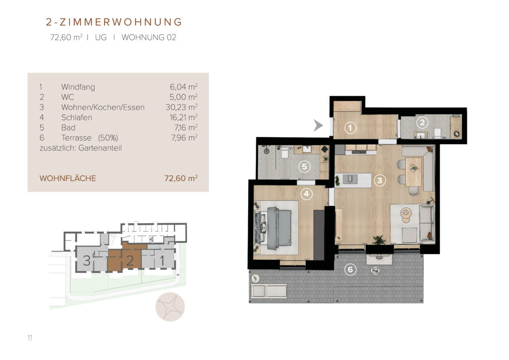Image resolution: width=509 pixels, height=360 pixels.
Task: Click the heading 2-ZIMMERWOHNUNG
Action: pyautogui.click(x=114, y=22)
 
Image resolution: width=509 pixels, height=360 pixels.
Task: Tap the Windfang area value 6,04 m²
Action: pyautogui.click(x=183, y=87)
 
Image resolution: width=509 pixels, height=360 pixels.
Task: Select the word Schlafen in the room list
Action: pyautogui.click(x=77, y=117)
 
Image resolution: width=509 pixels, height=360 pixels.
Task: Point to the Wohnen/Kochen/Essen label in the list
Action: pyautogui.click(x=103, y=107)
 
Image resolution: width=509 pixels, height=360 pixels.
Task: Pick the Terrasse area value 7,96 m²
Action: pyautogui.click(x=184, y=138)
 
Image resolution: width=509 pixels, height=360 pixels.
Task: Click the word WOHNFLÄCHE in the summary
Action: pyautogui.click(x=68, y=179)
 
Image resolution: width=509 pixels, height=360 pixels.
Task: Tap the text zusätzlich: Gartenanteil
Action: pyautogui.click(x=81, y=148)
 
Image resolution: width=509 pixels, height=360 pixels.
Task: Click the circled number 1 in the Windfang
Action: pyautogui.click(x=350, y=128)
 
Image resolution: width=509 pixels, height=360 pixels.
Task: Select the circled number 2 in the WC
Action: pyautogui.click(x=422, y=122)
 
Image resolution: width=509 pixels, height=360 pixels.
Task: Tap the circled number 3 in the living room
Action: pyautogui.click(x=380, y=180)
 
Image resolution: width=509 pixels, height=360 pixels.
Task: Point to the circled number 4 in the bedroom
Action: pyautogui.click(x=306, y=194)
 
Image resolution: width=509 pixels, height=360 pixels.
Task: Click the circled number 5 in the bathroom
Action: pyautogui.click(x=304, y=167)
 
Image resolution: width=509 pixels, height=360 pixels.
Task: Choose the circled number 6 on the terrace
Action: pyautogui.click(x=350, y=270)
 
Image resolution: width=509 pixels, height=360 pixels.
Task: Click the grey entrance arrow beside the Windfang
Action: pyautogui.click(x=318, y=125)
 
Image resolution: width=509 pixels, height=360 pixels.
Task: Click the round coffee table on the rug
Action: pyautogui.click(x=406, y=214)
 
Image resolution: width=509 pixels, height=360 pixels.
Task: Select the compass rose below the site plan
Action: pyautogui.click(x=170, y=307)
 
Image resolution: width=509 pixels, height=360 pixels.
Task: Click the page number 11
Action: pyautogui.click(x=30, y=338)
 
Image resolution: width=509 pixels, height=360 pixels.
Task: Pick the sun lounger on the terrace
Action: pyautogui.click(x=269, y=291)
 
